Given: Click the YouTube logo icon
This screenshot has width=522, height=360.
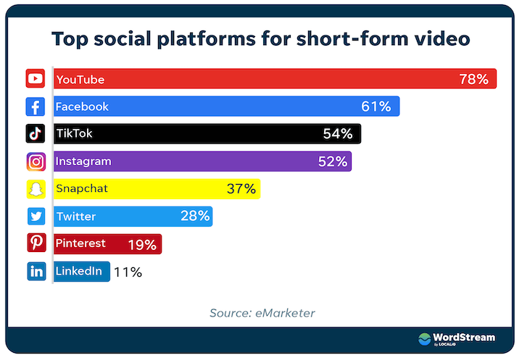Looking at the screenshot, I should pyautogui.click(x=36, y=79).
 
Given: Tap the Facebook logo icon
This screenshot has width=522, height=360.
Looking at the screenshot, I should pyautogui.click(x=36, y=106).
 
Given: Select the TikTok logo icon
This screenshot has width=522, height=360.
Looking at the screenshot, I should pyautogui.click(x=36, y=134).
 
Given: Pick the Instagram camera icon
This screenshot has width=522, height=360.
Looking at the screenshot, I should pyautogui.click(x=36, y=162).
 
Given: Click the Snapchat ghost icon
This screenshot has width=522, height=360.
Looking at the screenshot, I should pyautogui.click(x=36, y=189).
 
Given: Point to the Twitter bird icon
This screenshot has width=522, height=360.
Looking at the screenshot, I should pyautogui.click(x=36, y=217).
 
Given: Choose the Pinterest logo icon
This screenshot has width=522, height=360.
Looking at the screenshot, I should pyautogui.click(x=36, y=244).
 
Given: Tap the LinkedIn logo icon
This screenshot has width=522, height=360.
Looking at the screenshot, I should pyautogui.click(x=36, y=272).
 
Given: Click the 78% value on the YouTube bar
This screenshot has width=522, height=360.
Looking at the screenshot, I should pyautogui.click(x=473, y=79).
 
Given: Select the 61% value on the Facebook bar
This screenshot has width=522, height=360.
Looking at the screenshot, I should pyautogui.click(x=376, y=106).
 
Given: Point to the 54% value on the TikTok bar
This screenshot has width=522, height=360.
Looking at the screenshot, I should pyautogui.click(x=338, y=134).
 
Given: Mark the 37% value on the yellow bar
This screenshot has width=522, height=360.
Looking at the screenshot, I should pyautogui.click(x=241, y=189).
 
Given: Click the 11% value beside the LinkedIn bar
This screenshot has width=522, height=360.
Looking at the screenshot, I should pyautogui.click(x=128, y=272).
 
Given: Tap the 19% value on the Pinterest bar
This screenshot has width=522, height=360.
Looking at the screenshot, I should pyautogui.click(x=142, y=245).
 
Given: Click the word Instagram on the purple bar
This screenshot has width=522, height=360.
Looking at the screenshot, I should pyautogui.click(x=83, y=161).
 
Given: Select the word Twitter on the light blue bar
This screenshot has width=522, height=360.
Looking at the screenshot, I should pyautogui.click(x=75, y=216).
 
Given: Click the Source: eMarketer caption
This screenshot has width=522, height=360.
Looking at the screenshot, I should pyautogui.click(x=262, y=313).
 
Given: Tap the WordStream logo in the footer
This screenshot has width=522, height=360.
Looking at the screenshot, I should pyautogui.click(x=456, y=339).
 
